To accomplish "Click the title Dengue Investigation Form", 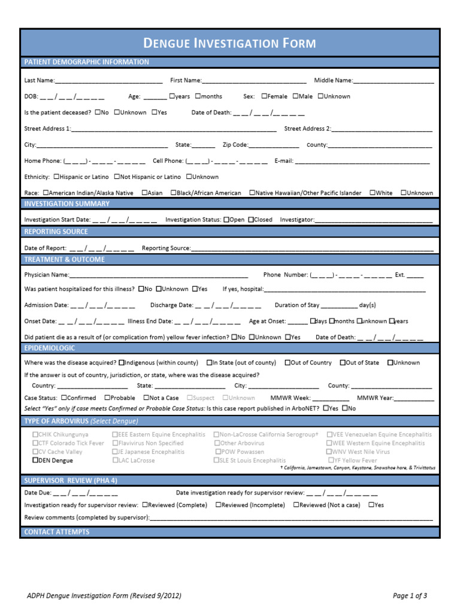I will (x=230, y=43).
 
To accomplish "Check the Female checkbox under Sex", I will (x=264, y=96).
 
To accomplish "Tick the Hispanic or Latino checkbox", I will (x=56, y=177).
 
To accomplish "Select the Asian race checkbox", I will (x=145, y=193).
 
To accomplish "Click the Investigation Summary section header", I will (x=66, y=204).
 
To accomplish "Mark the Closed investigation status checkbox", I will (x=251, y=220).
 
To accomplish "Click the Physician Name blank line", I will (x=159, y=275).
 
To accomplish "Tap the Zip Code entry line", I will (x=274, y=145).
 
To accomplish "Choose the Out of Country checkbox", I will (x=287, y=363).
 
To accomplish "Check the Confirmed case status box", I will (x=63, y=397).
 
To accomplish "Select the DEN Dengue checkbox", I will (x=35, y=461).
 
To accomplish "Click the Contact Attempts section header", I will (x=57, y=532).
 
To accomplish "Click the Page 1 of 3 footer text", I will (x=410, y=596).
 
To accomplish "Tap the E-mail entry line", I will (x=362, y=162).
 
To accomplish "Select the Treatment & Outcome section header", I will (x=64, y=259).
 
